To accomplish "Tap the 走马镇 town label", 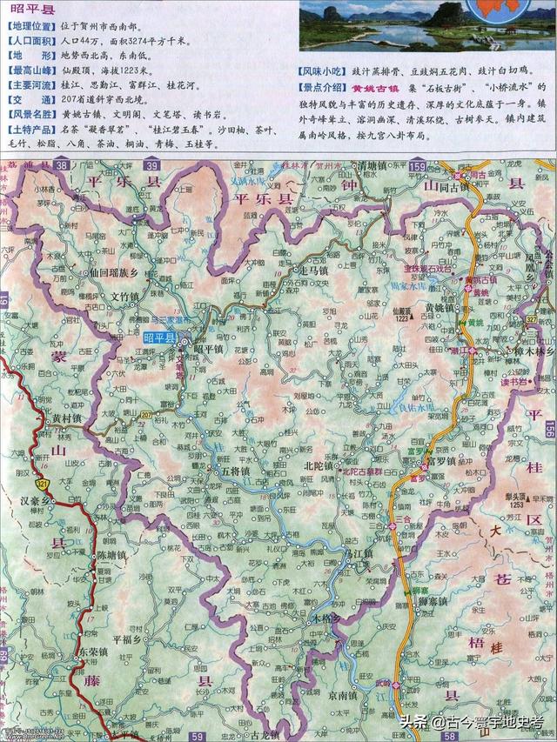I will [287, 270].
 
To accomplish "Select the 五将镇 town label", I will [237, 471].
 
